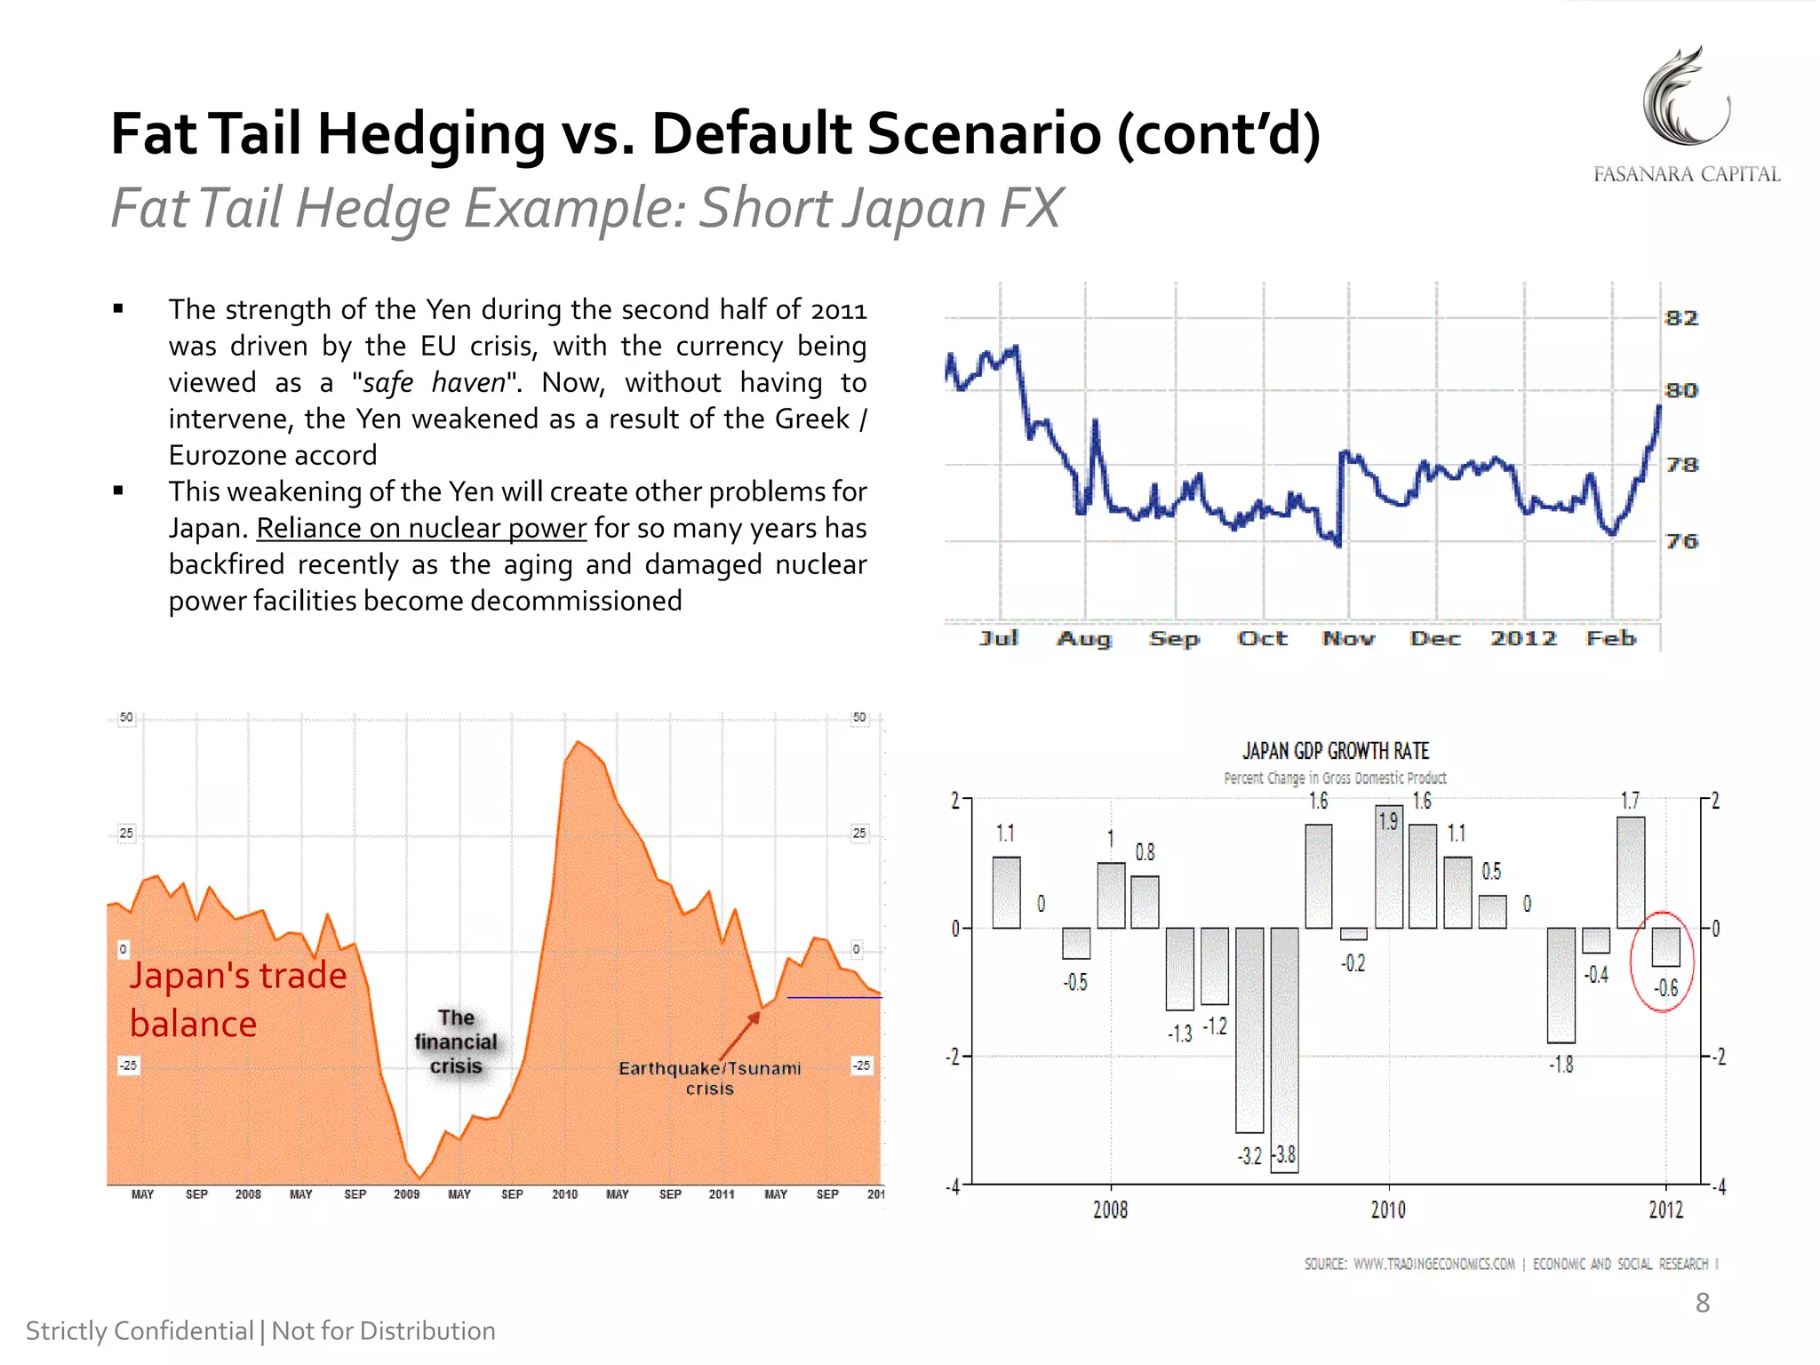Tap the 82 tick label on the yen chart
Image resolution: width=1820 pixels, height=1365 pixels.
click(x=1680, y=318)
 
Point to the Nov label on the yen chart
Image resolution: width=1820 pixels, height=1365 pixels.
click(x=1347, y=638)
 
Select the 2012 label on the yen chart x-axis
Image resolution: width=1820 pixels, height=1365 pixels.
click(x=1523, y=638)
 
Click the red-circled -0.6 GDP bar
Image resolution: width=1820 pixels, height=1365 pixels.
click(x=1665, y=947)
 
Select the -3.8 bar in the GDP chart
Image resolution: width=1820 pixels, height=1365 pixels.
click(x=1284, y=1049)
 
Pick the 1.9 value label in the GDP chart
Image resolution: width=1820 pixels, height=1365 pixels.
click(x=1388, y=821)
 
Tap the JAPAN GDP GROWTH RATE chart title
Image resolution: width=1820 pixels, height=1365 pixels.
click(x=1335, y=752)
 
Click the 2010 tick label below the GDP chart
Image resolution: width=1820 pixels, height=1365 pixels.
click(x=1388, y=1209)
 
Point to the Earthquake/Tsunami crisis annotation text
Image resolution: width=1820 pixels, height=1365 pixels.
click(x=709, y=1078)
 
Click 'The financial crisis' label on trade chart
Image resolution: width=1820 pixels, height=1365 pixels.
click(x=456, y=1042)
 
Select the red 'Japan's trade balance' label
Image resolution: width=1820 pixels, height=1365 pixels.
click(x=237, y=1000)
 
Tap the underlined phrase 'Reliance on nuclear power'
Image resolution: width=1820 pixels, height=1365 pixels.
click(x=421, y=528)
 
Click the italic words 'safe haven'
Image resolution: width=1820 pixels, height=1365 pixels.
click(x=434, y=383)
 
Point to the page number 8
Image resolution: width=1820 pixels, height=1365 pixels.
click(x=1702, y=1303)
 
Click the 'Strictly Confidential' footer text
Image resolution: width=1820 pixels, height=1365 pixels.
click(x=140, y=1331)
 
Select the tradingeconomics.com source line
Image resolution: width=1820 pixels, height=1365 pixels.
click(x=1510, y=1264)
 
